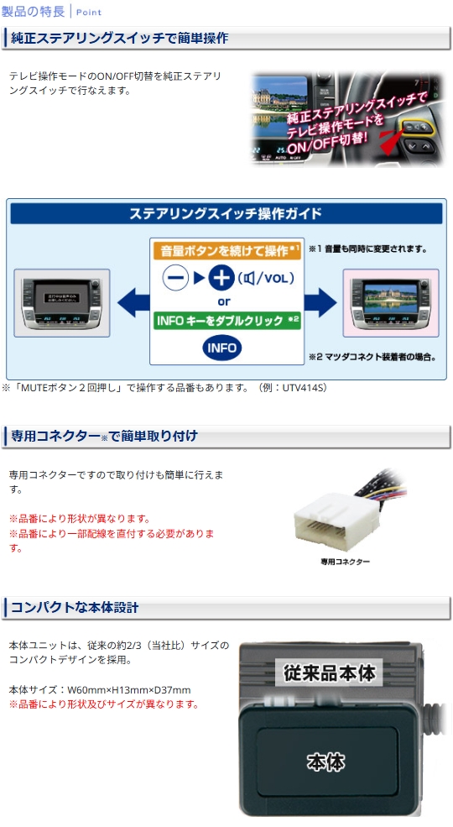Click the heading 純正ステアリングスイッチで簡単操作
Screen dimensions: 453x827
click(120, 38)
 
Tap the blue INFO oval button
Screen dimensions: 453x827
click(221, 348)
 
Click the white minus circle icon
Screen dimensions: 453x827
click(175, 277)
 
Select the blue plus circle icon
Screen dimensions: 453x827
click(221, 277)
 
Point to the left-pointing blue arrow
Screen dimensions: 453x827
click(133, 303)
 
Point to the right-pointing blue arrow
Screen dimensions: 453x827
click(320, 303)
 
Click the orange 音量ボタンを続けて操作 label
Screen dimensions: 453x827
click(226, 251)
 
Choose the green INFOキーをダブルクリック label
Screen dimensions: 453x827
click(226, 321)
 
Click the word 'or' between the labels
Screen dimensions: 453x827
click(224, 302)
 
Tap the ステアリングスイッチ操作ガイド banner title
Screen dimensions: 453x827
click(226, 213)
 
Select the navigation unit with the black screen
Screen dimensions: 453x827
click(61, 303)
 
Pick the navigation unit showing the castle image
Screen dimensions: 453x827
click(391, 303)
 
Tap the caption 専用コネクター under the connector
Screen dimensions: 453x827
click(346, 563)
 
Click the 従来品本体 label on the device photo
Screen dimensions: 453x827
click(330, 673)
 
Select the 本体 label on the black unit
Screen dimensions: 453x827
click(326, 762)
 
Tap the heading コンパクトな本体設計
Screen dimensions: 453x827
click(75, 608)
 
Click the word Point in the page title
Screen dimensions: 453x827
click(89, 12)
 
